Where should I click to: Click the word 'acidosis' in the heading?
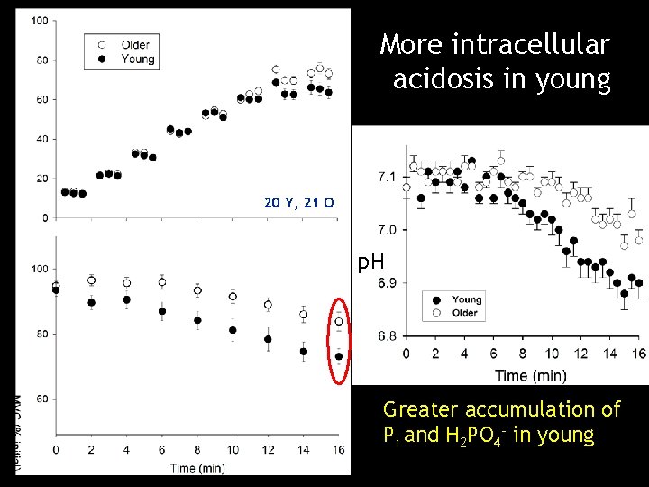tap(444, 79)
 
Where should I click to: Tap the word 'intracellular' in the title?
tap(533, 43)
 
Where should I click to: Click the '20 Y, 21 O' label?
tap(299, 203)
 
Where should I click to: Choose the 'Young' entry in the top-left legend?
tap(136, 60)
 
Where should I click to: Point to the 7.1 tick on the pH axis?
tap(386, 177)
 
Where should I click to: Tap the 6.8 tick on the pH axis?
tap(386, 335)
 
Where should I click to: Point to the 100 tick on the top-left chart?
tap(41, 21)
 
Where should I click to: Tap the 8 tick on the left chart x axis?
tap(197, 449)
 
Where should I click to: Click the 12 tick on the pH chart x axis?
tap(580, 353)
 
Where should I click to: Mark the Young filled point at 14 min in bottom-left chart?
tap(304, 352)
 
